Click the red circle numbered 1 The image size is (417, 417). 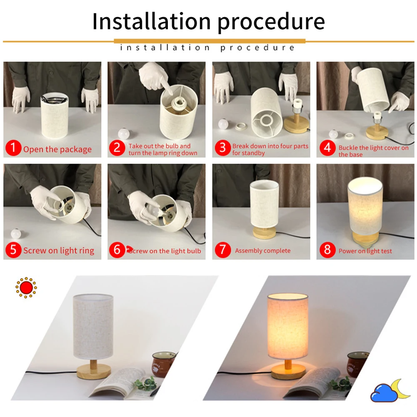pos(14,148)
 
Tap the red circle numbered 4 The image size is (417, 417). pos(327,148)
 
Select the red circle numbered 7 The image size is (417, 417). pos(223,250)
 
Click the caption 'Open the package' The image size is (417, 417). pos(57,150)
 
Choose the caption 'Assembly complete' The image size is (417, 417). pos(262,251)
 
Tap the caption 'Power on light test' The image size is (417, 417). pos(365,251)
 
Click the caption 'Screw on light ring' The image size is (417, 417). pos(59,251)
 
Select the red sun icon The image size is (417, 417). pos(26,287)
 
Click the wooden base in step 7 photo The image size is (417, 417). pos(264,232)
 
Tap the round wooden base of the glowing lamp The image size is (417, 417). pos(288,370)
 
